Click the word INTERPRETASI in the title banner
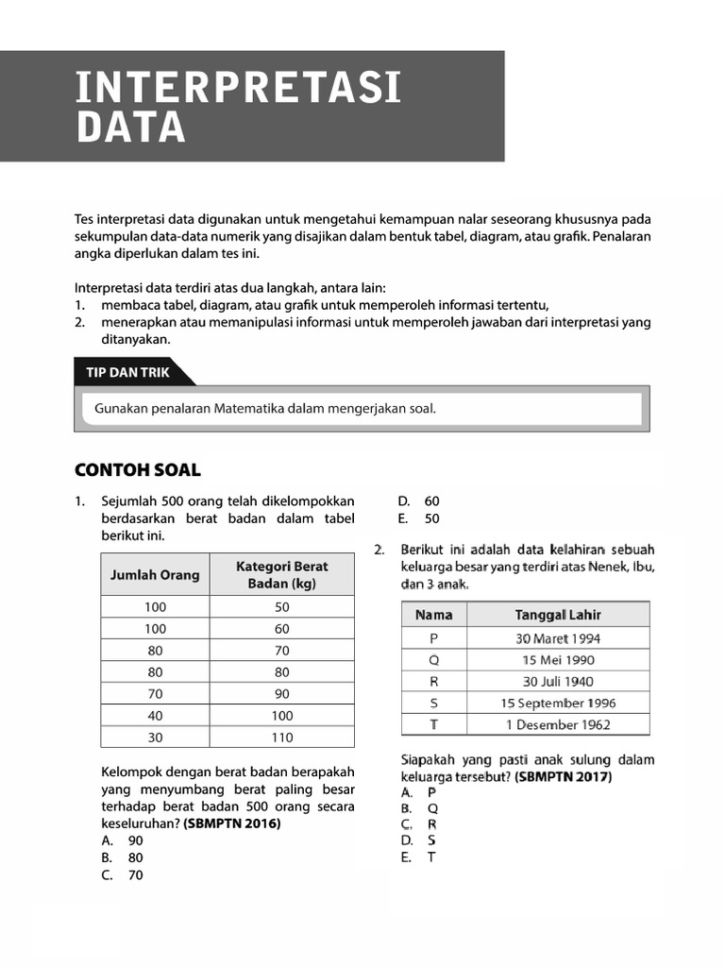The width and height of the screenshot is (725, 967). [239, 88]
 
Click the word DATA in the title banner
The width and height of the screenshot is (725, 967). [131, 127]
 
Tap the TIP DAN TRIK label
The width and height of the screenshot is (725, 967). [127, 372]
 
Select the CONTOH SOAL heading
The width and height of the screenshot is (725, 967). [137, 470]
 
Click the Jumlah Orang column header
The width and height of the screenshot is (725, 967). [155, 574]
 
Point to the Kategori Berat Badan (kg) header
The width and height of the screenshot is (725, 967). [281, 574]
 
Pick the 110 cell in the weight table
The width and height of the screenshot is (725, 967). [281, 738]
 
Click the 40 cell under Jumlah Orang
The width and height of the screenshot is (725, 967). [155, 716]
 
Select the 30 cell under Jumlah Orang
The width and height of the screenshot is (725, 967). [155, 738]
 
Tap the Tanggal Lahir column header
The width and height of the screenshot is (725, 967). [558, 615]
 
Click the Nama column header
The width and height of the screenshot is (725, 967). [433, 615]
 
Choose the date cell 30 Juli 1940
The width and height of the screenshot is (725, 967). [558, 681]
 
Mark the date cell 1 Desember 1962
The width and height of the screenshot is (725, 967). [558, 724]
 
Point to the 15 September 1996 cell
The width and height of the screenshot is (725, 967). [558, 703]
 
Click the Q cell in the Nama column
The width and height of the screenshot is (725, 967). [433, 659]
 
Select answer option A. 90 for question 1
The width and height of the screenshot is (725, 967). [123, 840]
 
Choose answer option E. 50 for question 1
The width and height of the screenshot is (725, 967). [419, 518]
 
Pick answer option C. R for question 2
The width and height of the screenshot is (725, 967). [419, 824]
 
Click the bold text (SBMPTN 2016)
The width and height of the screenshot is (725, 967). [232, 823]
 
